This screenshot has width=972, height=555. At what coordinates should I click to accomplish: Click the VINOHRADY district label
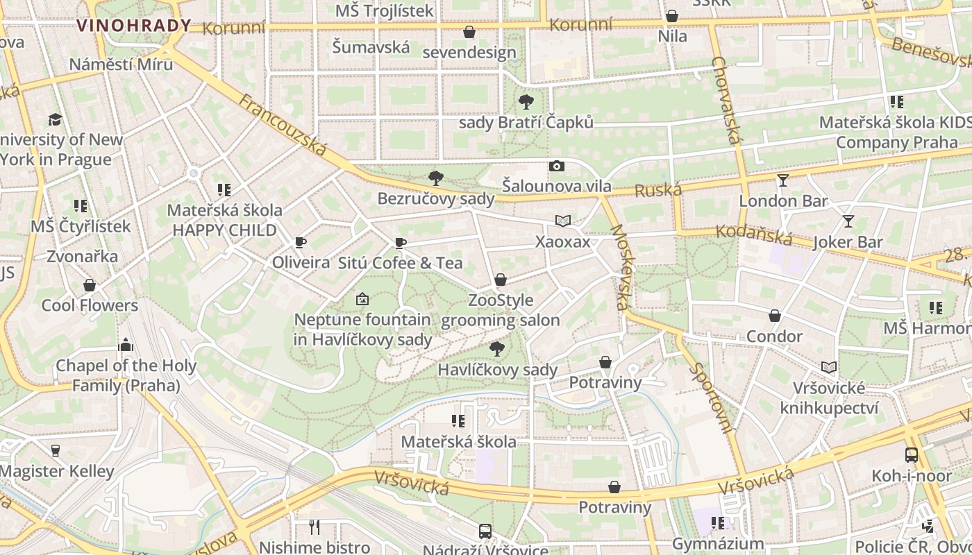pos(133,26)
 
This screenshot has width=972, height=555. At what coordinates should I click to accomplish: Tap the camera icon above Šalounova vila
pos(556,166)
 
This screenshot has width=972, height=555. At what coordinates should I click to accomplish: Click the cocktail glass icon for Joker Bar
pos(848,221)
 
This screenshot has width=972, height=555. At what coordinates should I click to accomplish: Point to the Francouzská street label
pos(283,125)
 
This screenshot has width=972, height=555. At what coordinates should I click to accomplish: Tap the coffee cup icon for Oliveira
pos(301,242)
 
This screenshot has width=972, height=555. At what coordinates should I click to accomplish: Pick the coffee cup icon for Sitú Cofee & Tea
pos(400,243)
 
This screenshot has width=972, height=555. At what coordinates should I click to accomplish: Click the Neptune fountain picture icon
pos(362,300)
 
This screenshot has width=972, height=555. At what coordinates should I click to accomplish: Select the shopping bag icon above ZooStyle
pos(500,280)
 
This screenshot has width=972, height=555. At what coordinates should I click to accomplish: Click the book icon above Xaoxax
pos(563,221)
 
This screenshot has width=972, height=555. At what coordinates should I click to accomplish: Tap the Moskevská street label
pos(620,267)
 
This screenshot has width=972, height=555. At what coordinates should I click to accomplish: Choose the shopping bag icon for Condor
pos(775,316)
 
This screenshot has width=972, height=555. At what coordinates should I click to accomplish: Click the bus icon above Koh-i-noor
pos(912,456)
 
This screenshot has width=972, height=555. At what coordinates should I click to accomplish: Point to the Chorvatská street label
pos(726,101)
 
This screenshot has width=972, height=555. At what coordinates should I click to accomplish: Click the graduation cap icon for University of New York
pos(55,119)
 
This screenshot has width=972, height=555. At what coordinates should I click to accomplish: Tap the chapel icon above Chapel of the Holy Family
pos(126,345)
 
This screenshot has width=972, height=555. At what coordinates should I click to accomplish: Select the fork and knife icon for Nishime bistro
pos(315,527)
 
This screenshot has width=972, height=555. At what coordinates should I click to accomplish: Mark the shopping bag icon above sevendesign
pos(469,32)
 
